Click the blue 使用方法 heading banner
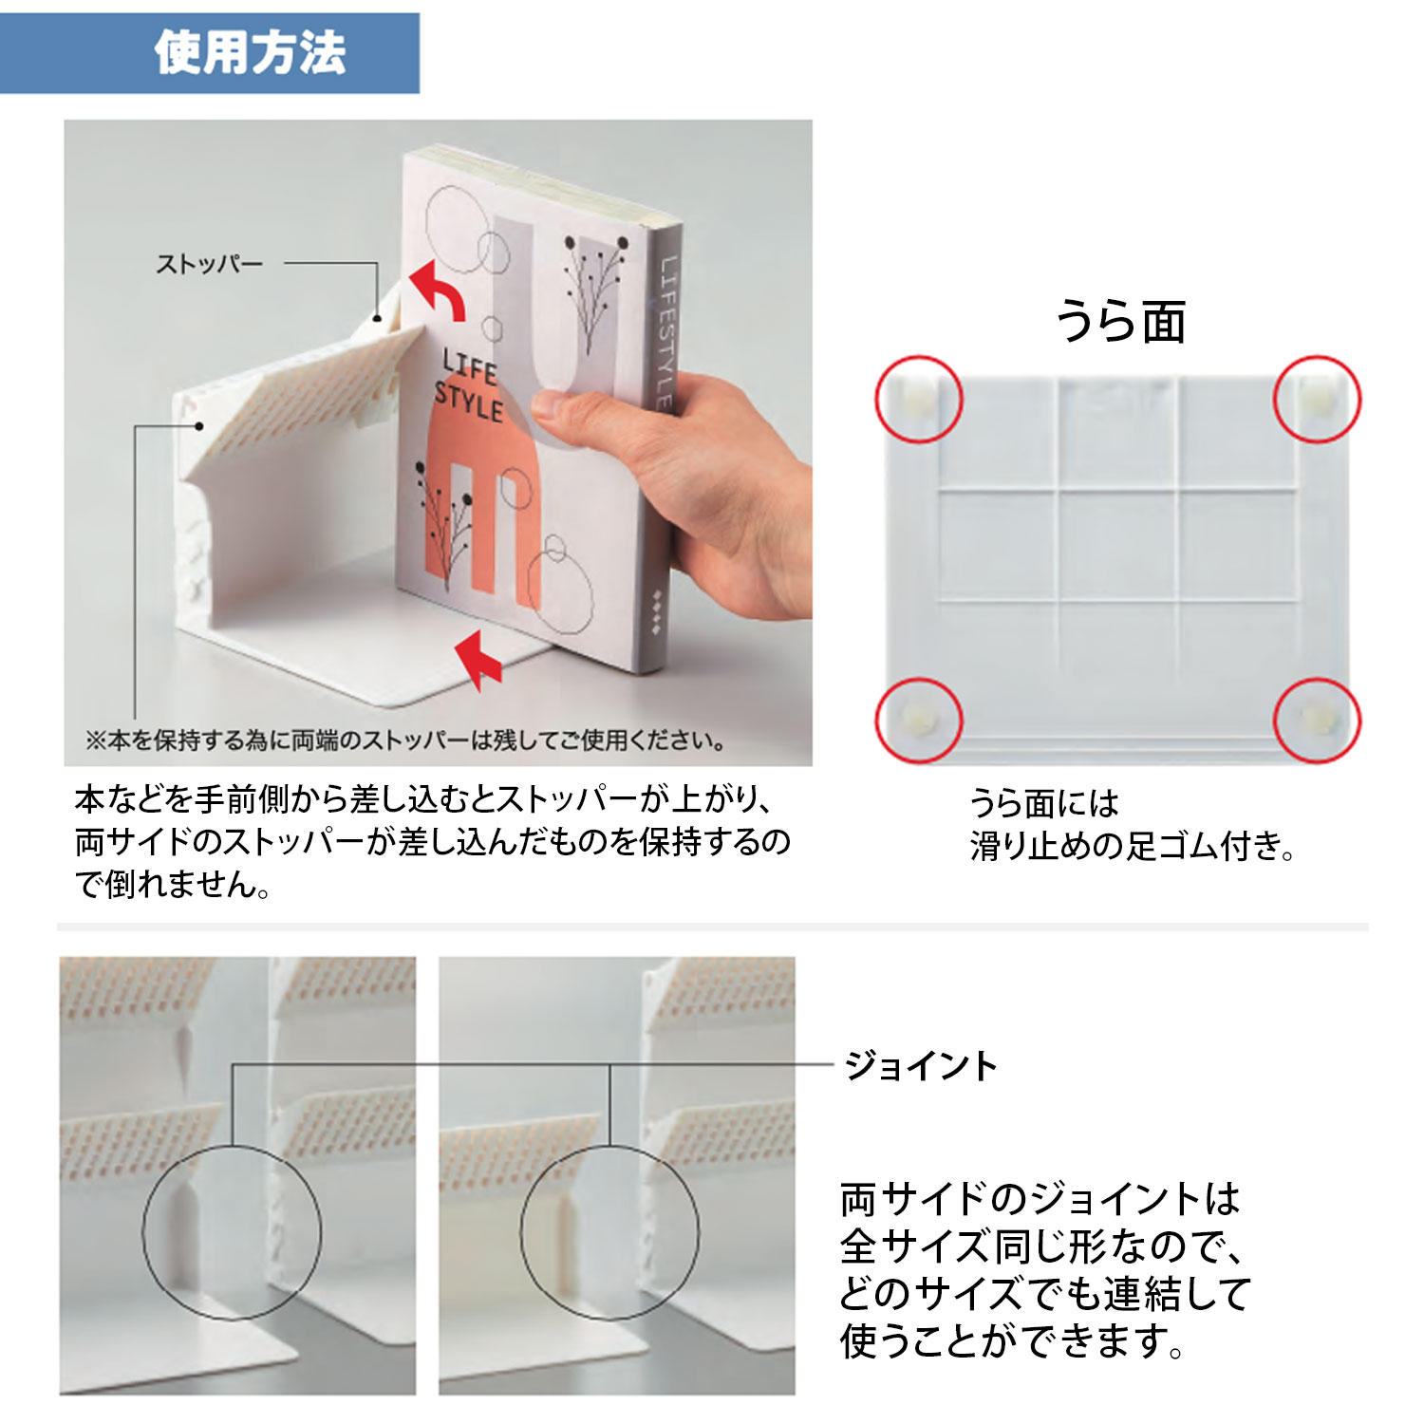[x=209, y=53]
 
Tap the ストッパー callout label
[x=209, y=264]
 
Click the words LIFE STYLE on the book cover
[x=468, y=385]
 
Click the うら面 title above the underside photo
[x=1121, y=321]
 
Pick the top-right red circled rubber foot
[x=1317, y=399]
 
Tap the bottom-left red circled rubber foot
[x=919, y=720]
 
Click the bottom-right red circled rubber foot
[x=1317, y=720]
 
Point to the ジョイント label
[x=921, y=1065]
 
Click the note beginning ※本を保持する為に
[x=406, y=740]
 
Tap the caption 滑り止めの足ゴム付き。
[x=1133, y=845]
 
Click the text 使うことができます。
[x=1013, y=1341]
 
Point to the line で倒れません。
[x=174, y=884]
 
